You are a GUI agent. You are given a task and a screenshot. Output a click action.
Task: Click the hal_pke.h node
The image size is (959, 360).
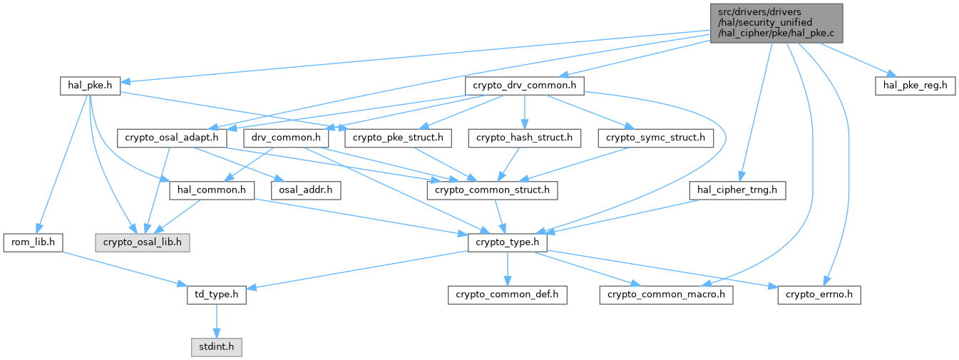90,86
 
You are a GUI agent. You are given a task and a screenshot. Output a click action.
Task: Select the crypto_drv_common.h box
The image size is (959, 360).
525,86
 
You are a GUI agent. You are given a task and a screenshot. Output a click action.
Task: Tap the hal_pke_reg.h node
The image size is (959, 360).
915,86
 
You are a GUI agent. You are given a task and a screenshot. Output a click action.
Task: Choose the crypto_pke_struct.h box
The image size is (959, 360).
397,138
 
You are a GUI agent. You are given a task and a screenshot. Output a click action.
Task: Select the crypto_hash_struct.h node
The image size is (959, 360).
525,138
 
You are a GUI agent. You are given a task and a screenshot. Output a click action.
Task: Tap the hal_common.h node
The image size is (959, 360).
212,190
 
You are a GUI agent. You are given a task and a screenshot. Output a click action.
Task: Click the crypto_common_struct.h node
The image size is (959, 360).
492,190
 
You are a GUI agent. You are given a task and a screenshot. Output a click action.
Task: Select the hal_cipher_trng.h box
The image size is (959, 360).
738,190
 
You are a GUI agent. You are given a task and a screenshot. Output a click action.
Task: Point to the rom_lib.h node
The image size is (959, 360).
33,242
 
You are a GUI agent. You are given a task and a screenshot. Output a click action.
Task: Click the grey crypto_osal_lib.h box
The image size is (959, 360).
143,242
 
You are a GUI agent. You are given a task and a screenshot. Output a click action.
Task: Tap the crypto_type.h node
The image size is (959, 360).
508,242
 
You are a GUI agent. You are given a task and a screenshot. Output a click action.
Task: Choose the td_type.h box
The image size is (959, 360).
216,295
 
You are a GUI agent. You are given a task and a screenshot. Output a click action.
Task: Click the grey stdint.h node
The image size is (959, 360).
216,347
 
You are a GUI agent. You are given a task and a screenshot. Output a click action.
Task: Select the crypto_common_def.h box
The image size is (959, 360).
508,295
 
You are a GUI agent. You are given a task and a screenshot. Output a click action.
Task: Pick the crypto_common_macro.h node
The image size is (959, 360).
666,295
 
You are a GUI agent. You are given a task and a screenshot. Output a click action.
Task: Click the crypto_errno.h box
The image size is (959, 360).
819,295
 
